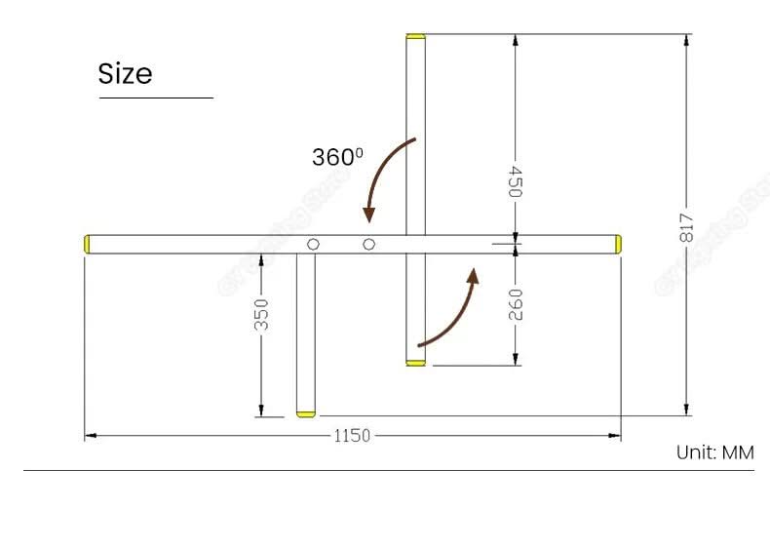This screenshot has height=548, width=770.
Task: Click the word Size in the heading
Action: (125, 74)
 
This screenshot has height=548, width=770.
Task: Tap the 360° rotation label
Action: (336, 156)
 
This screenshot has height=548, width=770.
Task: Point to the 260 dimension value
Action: (516, 304)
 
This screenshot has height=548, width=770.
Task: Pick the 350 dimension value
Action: (261, 313)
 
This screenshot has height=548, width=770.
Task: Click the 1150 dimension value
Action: (352, 436)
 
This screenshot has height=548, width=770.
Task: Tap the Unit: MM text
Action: (715, 452)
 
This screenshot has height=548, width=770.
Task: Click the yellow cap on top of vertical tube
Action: (416, 36)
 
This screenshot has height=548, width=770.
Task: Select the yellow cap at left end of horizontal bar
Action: (88, 244)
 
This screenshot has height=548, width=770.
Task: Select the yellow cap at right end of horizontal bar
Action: (617, 244)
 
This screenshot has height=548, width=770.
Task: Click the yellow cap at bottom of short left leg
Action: (306, 413)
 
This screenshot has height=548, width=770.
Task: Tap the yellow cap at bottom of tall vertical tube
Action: (416, 363)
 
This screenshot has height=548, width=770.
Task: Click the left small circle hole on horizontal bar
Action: (313, 244)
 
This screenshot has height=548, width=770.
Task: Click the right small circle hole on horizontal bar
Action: (368, 244)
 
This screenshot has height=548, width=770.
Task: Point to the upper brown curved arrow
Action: (384, 176)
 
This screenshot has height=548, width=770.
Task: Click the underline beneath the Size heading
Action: (155, 98)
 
